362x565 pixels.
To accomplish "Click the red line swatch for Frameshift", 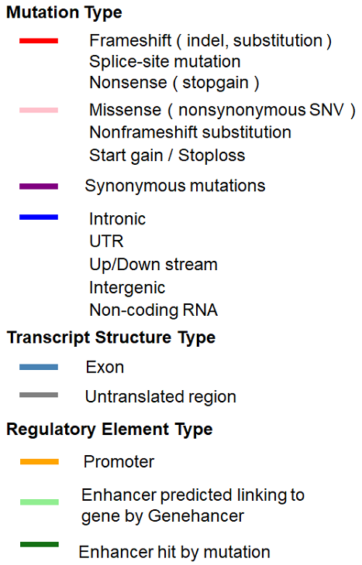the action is pyautogui.click(x=39, y=41).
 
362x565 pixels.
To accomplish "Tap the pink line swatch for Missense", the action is pyautogui.click(x=39, y=110).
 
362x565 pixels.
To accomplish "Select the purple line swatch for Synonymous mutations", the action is pyautogui.click(x=39, y=187).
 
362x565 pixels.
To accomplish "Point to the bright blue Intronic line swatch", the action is pyautogui.click(x=39, y=217).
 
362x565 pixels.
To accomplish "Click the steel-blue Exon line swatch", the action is pyautogui.click(x=39, y=367).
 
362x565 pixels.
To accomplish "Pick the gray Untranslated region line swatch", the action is pyautogui.click(x=39, y=395).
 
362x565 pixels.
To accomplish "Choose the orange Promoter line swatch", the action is pyautogui.click(x=40, y=461).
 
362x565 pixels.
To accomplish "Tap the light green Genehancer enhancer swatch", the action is pyautogui.click(x=40, y=502).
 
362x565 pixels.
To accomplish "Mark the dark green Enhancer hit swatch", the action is pyautogui.click(x=40, y=544).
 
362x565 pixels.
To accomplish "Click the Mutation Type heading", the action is pyautogui.click(x=64, y=13).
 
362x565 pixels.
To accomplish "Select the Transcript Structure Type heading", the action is pyautogui.click(x=111, y=338).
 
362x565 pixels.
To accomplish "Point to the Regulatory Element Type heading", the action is pyautogui.click(x=110, y=430).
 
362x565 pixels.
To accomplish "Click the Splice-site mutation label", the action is pyautogui.click(x=165, y=62).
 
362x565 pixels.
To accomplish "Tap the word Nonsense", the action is pyautogui.click(x=128, y=83).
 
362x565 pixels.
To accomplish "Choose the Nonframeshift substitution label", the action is pyautogui.click(x=190, y=132).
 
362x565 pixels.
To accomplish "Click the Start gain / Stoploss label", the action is pyautogui.click(x=167, y=156).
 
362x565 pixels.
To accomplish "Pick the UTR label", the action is pyautogui.click(x=106, y=241).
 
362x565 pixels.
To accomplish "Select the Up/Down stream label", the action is pyautogui.click(x=153, y=265).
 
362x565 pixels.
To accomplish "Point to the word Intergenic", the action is pyautogui.click(x=127, y=288).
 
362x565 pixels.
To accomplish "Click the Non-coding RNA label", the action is pyautogui.click(x=153, y=310).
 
